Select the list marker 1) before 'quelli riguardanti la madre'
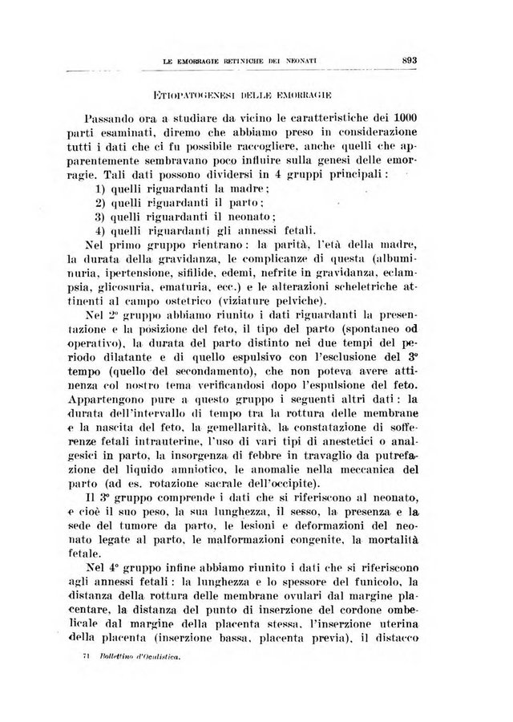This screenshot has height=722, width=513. [101, 188]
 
